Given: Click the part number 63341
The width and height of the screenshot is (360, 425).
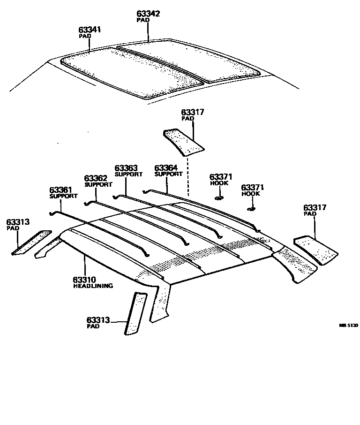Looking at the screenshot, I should pyautogui.click(x=90, y=30).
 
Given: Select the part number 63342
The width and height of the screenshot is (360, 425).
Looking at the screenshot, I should pyautogui.click(x=148, y=14).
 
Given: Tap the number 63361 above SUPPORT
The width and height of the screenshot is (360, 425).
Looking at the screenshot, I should pyautogui.click(x=61, y=190).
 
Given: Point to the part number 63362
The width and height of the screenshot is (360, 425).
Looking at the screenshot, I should pyautogui.click(x=96, y=178).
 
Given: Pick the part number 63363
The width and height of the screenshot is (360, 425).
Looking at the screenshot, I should pyautogui.click(x=126, y=167).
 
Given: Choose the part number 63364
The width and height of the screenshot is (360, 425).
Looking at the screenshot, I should pyautogui.click(x=166, y=167).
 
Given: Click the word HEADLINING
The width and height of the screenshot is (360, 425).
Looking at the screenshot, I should pyautogui.click(x=93, y=286).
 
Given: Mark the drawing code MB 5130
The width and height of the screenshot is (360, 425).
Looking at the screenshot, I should pyautogui.click(x=349, y=324).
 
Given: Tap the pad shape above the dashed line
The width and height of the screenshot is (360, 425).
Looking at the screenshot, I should pyautogui.click(x=184, y=140).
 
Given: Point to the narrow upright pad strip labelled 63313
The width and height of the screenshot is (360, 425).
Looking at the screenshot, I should pyautogui.click(x=135, y=313).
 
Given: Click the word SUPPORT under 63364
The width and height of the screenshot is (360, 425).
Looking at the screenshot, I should pyautogui.click(x=168, y=174).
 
